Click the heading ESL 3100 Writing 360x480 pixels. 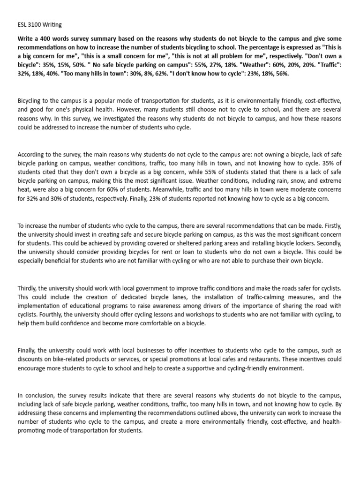tap(37, 24)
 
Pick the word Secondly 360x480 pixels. tap(329, 243)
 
